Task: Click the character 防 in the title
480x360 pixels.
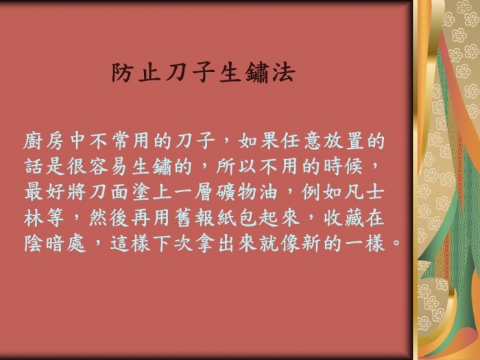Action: [x=122, y=73]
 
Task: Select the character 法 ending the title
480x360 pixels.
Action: [x=284, y=73]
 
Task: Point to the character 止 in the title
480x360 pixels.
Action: [x=149, y=73]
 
